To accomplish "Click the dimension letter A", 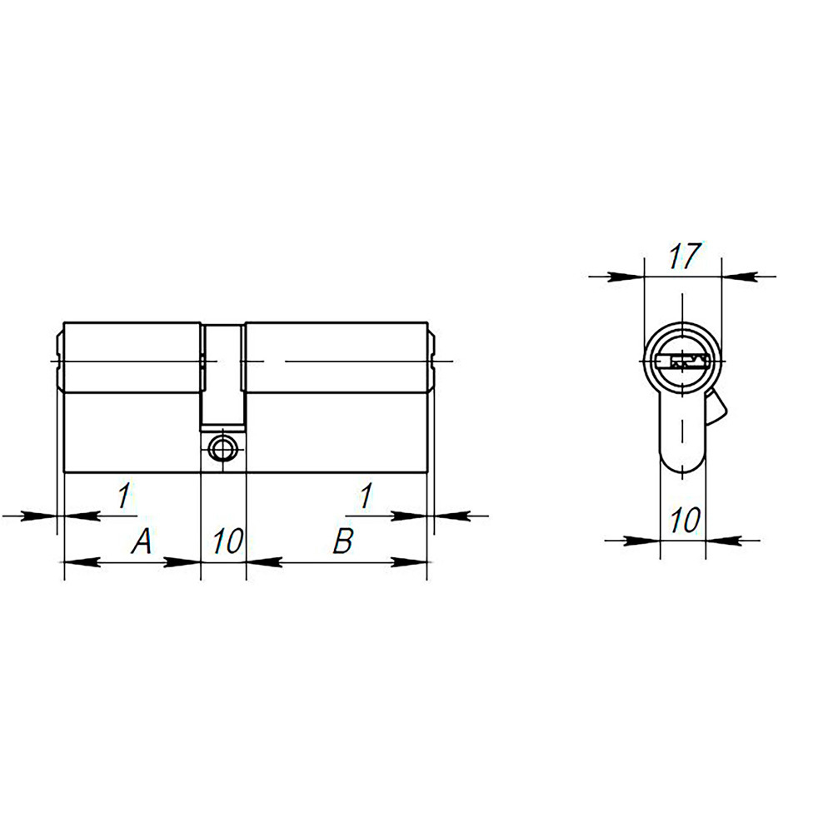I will [142, 543].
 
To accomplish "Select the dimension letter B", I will [342, 542].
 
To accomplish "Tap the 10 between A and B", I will [225, 542].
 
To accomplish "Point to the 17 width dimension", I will [683, 257].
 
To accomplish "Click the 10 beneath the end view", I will [683, 521].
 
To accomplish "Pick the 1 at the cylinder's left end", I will [123, 497].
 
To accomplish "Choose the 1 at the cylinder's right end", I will [364, 497].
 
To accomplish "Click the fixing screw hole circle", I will [222, 448].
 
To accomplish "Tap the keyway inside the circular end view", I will [681, 362].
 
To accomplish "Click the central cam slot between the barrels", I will [223, 375].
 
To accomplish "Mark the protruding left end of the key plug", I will [59, 362].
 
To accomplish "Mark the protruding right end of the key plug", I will [431, 362].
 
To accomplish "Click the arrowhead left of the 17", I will [626, 277].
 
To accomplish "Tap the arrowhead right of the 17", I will [739, 277].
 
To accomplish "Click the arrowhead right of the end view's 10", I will [723, 541].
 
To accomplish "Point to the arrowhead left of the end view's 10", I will [642, 541].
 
